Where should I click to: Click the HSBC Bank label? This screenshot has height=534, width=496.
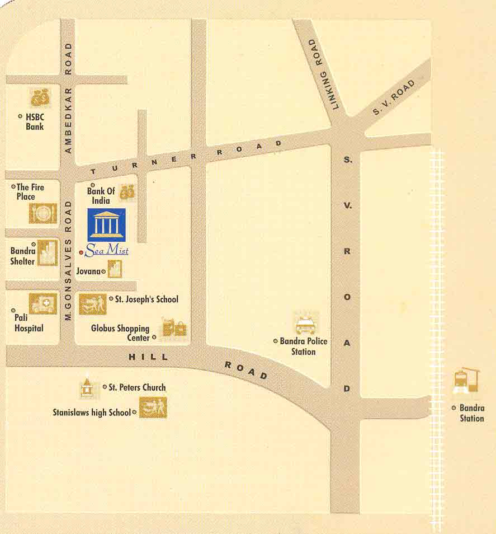tap(34, 122)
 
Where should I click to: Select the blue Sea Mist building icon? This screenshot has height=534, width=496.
tap(107, 225)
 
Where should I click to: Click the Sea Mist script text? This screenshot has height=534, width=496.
tap(107, 251)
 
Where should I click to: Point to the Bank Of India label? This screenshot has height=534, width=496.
tap(101, 195)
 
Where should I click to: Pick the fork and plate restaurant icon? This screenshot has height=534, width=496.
tap(43, 213)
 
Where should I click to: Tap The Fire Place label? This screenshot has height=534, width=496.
tap(30, 191)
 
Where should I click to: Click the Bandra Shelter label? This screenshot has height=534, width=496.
tap(22, 256)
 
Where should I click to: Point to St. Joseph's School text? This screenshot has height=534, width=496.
tap(147, 299)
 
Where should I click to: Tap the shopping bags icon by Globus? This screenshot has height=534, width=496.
tap(173, 328)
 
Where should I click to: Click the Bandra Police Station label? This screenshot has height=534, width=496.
tap(304, 346)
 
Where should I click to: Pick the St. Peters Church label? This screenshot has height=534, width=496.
tap(137, 387)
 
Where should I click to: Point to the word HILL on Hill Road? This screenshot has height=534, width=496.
tap(148, 357)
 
